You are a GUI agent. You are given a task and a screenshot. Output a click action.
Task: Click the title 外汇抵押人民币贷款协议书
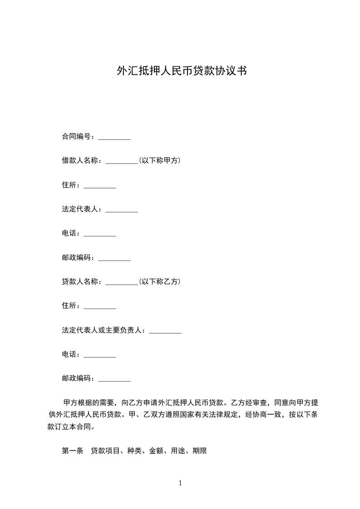point(182,71)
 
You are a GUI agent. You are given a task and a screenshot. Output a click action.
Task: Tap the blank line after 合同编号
point(114,138)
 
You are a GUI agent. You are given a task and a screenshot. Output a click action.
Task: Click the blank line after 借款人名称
point(122,162)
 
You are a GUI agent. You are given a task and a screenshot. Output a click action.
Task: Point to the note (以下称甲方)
point(159,161)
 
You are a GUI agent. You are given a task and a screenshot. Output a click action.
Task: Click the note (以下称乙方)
point(159,282)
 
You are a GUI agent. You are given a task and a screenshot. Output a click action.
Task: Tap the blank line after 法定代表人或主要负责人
point(165,332)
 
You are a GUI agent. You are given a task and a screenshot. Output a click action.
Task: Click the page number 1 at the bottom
point(180,483)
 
